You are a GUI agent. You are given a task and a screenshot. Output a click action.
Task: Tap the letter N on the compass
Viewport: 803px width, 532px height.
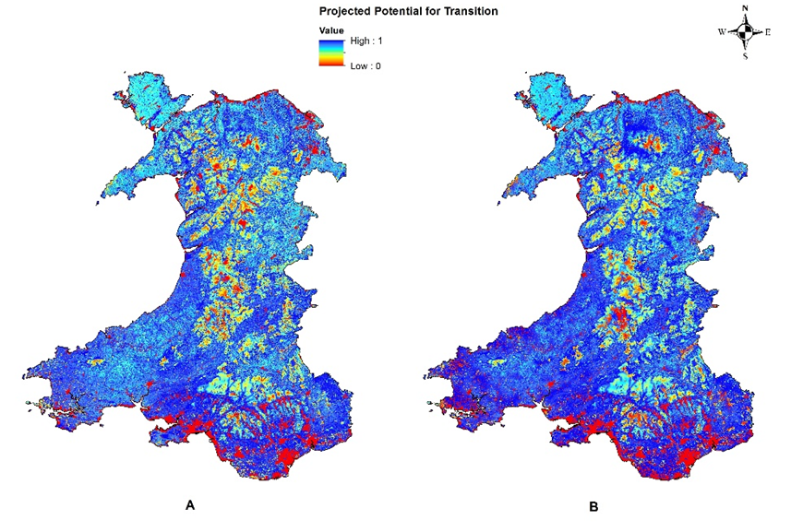tap(744, 8)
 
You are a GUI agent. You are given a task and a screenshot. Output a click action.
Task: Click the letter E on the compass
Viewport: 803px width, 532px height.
tap(768, 32)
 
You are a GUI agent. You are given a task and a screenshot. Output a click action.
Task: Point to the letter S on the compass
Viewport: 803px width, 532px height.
tap(744, 56)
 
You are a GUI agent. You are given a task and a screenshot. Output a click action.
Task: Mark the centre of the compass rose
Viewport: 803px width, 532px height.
tap(744, 32)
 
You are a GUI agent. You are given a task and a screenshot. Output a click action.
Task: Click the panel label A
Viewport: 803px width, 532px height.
tap(189, 504)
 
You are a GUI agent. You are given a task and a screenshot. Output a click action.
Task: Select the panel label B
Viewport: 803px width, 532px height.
tap(593, 505)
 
